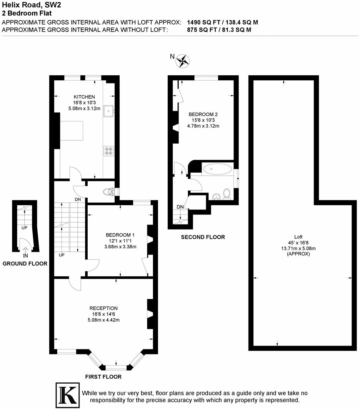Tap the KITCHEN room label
(x=84, y=97)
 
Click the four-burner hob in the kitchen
(x=108, y=151)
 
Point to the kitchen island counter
(x=72, y=130)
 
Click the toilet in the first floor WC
(x=111, y=191)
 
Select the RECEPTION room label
(x=103, y=308)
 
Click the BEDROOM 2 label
(x=203, y=115)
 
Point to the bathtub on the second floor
(x=217, y=169)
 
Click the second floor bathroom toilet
(x=227, y=194)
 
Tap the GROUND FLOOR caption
(x=25, y=264)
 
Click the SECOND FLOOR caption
(x=203, y=237)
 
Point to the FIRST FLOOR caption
(x=103, y=377)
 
